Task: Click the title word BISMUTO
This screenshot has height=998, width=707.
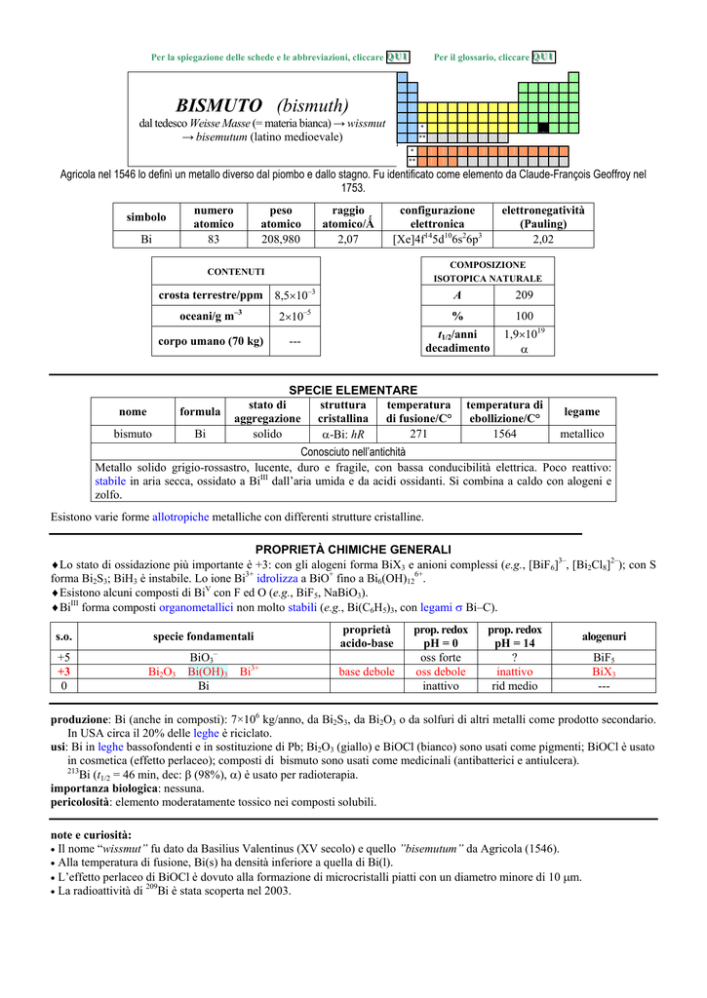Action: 218,105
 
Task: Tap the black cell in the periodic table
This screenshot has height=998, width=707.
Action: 543,128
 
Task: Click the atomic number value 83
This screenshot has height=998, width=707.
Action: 214,238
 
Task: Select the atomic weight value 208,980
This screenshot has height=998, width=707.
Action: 281,238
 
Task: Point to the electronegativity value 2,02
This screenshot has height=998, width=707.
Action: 543,238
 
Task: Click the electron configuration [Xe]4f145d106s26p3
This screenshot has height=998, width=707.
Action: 437,238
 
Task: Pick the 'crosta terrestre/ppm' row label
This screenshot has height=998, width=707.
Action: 211,294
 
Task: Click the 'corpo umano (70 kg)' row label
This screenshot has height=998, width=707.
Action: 211,341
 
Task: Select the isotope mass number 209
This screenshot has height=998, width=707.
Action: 525,294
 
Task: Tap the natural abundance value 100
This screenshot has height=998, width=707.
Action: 525,316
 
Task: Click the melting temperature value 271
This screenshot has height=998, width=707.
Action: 418,434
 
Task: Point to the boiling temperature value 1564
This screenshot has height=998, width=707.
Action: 504,434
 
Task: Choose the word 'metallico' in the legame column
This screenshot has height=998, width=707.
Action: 581,434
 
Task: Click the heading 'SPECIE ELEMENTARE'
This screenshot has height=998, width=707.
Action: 353,390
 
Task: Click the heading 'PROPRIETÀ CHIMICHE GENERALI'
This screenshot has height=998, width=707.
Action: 353,550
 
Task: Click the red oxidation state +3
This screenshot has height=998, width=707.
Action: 64,672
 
